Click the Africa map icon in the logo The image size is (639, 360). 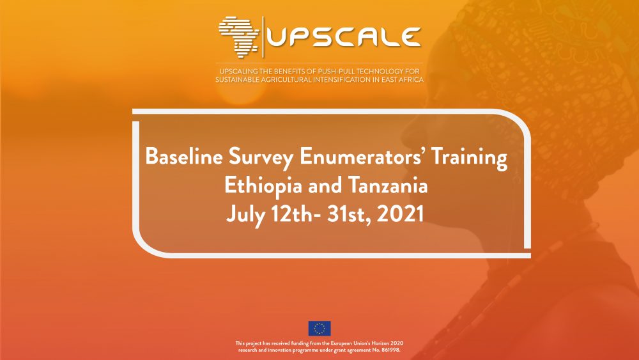[x=239, y=36]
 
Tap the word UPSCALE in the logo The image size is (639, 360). [x=344, y=37]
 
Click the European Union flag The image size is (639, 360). [x=319, y=328]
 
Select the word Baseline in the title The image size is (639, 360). [x=184, y=157]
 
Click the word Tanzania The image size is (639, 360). [x=382, y=185]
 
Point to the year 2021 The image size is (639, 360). [x=400, y=214]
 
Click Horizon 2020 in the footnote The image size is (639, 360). [x=387, y=343]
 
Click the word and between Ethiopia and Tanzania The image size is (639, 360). [x=319, y=185]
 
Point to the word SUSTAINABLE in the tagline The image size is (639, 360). [x=237, y=79]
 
